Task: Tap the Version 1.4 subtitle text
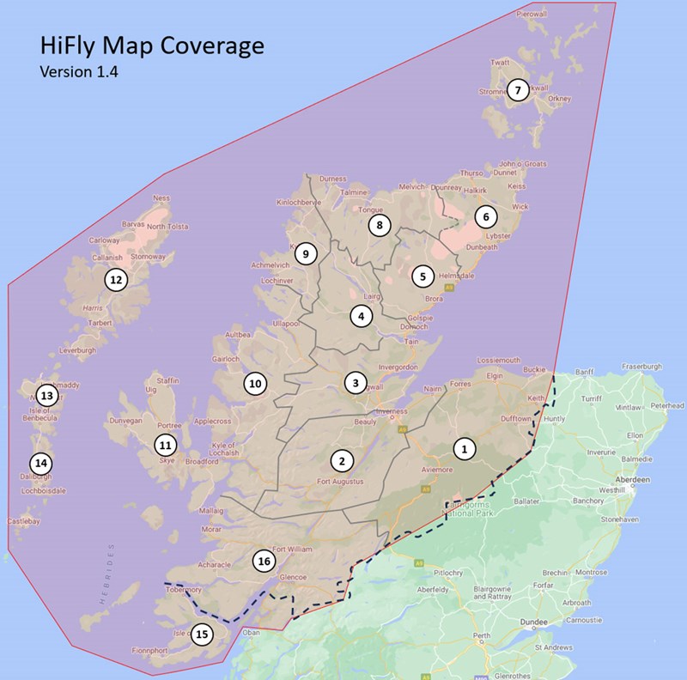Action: tap(79, 72)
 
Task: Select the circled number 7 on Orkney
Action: tap(517, 89)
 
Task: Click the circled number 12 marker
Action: tap(116, 279)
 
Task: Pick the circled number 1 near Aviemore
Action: tap(465, 448)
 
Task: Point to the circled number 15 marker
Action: tap(202, 634)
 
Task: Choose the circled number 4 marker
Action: tap(362, 316)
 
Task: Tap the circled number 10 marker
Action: tap(254, 383)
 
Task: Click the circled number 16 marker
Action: tap(264, 562)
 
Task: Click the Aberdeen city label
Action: tap(632, 479)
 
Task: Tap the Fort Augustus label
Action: tap(341, 482)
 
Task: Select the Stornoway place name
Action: tap(148, 256)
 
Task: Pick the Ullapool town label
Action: tap(284, 324)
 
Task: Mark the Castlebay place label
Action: tap(23, 521)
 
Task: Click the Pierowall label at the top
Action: tap(532, 14)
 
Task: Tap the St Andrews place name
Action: tap(553, 647)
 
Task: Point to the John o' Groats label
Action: tap(522, 163)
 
